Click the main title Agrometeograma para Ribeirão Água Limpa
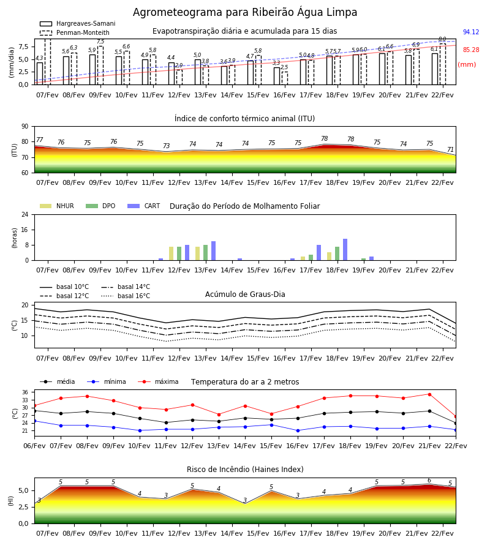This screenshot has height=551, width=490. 244,12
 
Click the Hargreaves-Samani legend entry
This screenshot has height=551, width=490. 77,23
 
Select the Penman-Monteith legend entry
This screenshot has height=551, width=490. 75,32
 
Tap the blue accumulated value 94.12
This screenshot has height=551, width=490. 471,32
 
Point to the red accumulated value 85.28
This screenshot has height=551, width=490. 471,50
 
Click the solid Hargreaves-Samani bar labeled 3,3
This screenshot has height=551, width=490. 277,76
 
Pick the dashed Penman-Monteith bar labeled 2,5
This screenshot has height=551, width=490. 285,78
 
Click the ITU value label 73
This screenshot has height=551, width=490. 166,146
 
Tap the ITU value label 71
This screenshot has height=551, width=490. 450,150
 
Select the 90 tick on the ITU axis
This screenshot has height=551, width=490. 25,127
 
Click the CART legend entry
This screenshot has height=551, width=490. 144,206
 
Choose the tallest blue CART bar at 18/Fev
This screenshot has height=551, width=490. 345,250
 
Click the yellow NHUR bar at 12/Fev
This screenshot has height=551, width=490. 171,253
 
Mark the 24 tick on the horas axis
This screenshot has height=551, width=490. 25,215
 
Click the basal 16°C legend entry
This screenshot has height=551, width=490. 126,296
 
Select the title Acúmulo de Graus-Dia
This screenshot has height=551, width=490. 245,294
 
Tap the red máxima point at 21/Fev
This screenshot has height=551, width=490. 429,394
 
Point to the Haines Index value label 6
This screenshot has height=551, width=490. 429,481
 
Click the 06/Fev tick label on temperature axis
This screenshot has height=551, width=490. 34,446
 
